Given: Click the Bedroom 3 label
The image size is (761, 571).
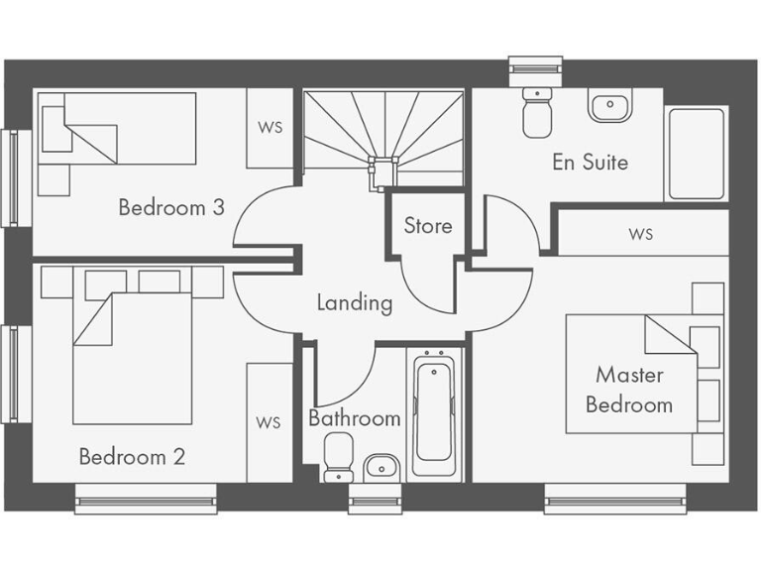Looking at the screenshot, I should tap(170, 207).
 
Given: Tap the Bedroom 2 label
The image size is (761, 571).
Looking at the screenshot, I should tap(132, 457).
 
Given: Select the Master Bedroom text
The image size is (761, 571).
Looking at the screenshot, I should tap(629, 390).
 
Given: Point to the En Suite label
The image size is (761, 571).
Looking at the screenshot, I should tap(590, 162).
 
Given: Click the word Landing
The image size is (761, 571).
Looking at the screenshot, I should tap(354, 302).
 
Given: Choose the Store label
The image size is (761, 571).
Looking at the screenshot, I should tap(427, 226).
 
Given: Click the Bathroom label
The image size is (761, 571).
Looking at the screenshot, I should tap(354, 418).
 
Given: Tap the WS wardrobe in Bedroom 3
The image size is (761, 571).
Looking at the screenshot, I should tap(270, 129).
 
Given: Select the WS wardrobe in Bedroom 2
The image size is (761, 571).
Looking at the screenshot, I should tap(269, 422).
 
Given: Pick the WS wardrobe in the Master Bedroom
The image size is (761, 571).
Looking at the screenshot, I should tap(641, 234).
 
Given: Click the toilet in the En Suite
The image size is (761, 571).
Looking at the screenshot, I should tap(538, 112).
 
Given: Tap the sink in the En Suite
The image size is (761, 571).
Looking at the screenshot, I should tap(609, 104).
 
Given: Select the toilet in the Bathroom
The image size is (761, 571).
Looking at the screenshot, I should tap(338, 455).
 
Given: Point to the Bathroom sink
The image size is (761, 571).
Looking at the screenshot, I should tap(380, 466).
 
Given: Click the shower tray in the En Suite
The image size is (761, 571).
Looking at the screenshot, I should tap(698, 153).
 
